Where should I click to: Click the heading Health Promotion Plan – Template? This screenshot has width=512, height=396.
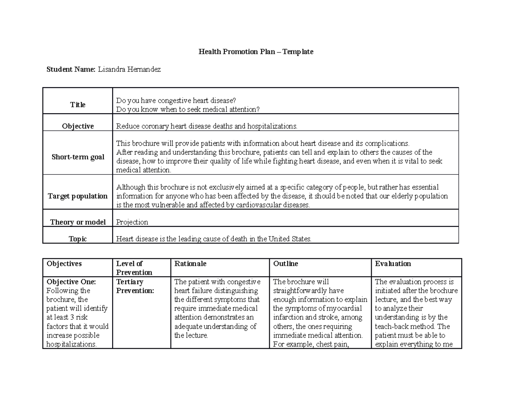click(x=256, y=52)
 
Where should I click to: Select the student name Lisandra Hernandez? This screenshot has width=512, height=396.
click(x=129, y=69)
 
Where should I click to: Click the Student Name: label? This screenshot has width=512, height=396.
click(x=71, y=69)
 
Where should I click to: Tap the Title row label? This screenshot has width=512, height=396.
click(x=78, y=105)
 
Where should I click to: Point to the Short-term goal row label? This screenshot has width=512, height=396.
click(x=78, y=157)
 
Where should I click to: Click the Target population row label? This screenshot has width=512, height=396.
click(x=78, y=196)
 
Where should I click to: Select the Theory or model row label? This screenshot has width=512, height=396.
click(x=78, y=222)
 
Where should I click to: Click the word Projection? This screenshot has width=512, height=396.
click(x=132, y=222)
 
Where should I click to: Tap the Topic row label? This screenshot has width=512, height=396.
click(x=78, y=239)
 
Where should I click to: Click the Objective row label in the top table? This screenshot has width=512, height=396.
click(x=78, y=126)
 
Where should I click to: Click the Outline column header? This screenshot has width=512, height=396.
click(x=285, y=264)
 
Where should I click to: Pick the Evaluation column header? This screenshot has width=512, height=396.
click(x=393, y=264)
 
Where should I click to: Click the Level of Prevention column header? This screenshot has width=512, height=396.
click(x=134, y=268)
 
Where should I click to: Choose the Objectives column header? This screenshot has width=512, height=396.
click(x=64, y=264)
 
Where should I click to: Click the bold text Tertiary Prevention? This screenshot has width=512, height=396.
click(x=135, y=286)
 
